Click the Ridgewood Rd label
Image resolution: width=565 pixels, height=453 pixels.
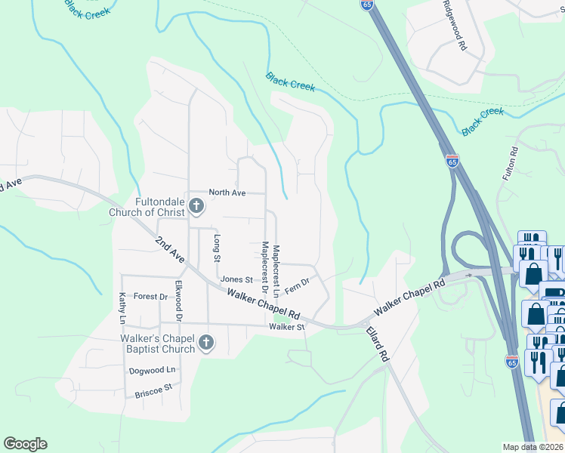pos(462,30)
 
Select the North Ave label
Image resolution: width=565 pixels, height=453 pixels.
pos(227,193)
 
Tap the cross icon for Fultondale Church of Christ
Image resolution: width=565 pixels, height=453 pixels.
pos(196,206)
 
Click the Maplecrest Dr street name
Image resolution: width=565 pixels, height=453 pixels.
pos(264,267)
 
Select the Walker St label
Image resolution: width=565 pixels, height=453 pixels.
pos(286,327)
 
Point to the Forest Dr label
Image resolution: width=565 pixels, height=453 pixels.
pos(150,297)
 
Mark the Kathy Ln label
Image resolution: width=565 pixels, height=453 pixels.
pos(121,309)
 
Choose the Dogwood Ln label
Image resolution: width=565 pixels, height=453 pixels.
pos(152,370)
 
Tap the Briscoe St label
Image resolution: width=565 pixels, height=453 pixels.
pos(153,391)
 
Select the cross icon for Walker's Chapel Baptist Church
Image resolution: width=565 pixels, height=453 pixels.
pos(205,344)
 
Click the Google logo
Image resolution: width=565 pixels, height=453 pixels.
pos(25,444)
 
